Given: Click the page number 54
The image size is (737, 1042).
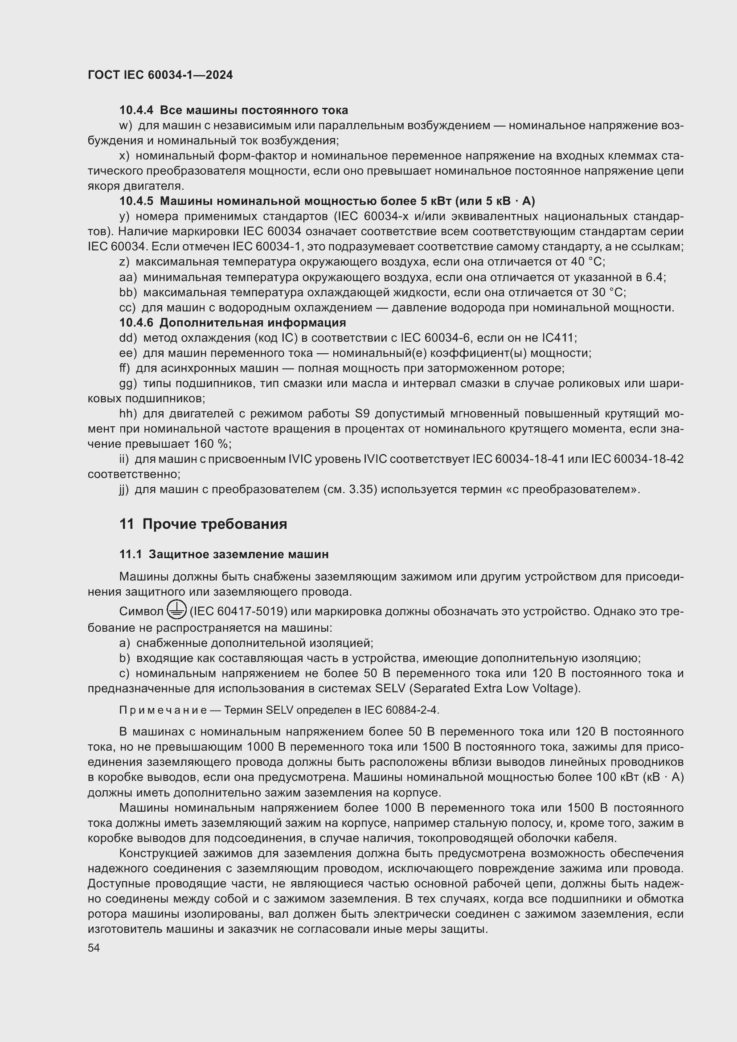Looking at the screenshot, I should coord(94,948).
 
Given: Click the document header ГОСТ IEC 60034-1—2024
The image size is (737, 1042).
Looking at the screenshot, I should coord(160,75).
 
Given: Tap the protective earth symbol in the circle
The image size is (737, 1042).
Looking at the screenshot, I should coord(176,609).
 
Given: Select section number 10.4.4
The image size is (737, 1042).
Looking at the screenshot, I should coord(136,110).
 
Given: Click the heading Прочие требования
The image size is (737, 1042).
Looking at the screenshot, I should coord(215,524).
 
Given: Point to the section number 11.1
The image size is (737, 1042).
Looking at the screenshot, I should coord(130,555).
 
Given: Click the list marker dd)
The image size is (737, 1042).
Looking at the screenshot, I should coord(128,338).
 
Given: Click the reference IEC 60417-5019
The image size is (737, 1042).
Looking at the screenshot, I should coord(238,612).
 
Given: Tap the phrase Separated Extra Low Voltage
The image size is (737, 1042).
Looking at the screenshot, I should coord(495,688).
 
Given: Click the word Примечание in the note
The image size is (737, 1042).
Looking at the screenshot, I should coord(163,710).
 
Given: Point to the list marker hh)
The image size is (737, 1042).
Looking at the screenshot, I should coord(128,414).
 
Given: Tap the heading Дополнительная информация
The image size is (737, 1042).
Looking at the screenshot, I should coord(253,323).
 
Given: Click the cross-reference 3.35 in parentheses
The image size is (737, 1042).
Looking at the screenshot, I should coord(361,490).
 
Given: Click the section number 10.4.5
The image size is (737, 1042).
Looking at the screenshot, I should coord(136,201).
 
